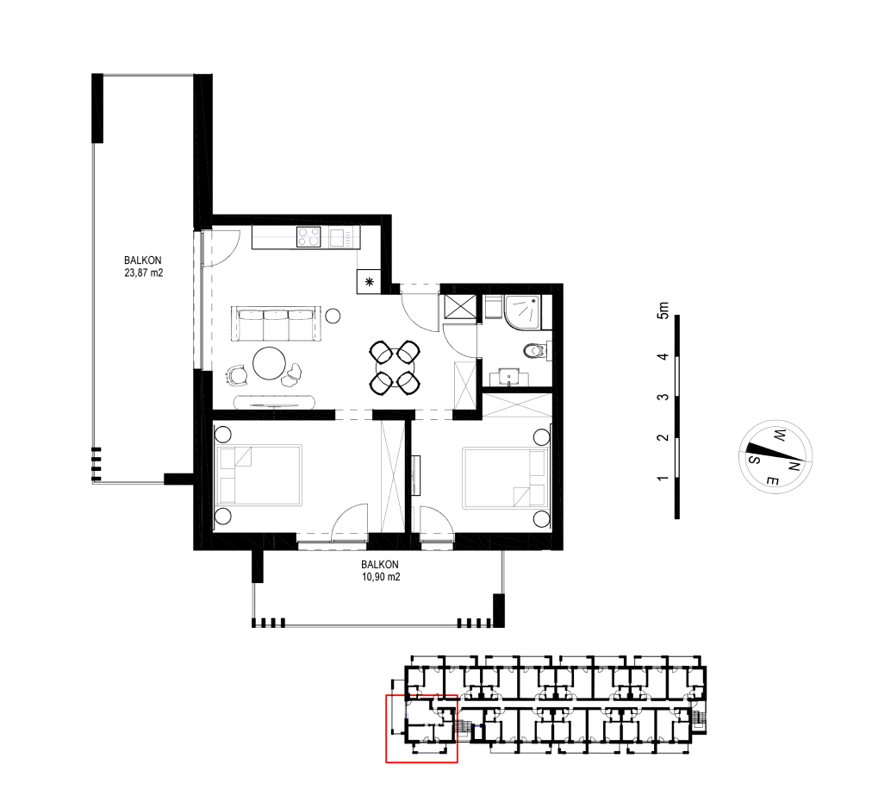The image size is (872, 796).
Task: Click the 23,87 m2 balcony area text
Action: click(x=144, y=273)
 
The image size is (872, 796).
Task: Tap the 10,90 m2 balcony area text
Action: click(x=381, y=577)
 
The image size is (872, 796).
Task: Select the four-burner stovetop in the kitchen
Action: click(x=308, y=237)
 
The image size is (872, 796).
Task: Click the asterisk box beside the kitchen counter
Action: click(x=369, y=282)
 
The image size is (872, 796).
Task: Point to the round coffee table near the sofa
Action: click(x=270, y=363)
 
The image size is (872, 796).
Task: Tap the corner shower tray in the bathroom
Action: click(x=523, y=311)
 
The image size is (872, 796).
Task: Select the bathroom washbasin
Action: click(x=509, y=377)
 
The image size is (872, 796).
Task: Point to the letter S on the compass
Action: click(x=754, y=459)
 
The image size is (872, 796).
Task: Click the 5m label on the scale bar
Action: click(x=663, y=310)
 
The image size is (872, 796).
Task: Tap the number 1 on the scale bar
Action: click(x=663, y=478)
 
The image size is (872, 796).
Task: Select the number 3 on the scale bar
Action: click(x=663, y=397)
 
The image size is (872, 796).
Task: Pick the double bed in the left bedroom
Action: click(x=258, y=475)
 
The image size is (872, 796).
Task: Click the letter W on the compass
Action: click(x=780, y=435)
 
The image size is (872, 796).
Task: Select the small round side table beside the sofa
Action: click(x=333, y=317)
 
